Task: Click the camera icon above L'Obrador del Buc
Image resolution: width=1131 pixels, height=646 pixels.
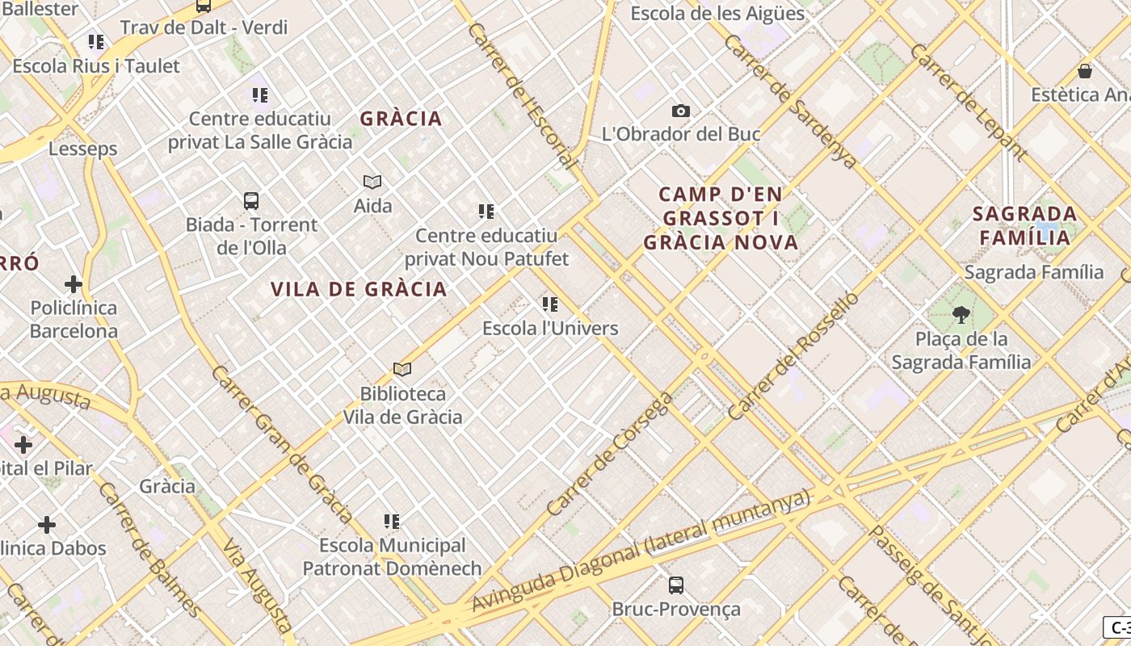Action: tap(681, 111)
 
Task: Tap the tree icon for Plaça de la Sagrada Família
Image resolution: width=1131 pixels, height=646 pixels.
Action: tap(961, 314)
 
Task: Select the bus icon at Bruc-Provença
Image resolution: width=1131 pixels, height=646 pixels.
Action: tap(676, 585)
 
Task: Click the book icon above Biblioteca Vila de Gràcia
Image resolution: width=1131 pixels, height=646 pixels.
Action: tap(402, 369)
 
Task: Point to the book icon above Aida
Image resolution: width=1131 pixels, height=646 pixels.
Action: tap(372, 182)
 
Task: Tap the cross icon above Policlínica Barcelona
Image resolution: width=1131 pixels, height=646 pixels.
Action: tap(74, 284)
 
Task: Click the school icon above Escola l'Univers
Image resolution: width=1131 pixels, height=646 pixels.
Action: tap(550, 304)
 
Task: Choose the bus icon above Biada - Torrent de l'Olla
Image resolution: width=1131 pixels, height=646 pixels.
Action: tap(251, 200)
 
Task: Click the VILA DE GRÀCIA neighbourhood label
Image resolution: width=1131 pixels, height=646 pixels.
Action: tap(359, 289)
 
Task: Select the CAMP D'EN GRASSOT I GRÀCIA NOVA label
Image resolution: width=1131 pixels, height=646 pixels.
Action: tap(721, 218)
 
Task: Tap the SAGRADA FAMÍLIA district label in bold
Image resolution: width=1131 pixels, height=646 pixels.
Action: tap(1025, 225)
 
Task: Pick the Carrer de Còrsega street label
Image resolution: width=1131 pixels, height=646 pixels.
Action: tap(610, 454)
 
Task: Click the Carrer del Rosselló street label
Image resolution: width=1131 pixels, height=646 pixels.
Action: tap(793, 355)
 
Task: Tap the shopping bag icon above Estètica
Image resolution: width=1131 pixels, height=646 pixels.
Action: tap(1085, 71)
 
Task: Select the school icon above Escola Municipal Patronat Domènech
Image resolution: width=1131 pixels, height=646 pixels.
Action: tap(392, 521)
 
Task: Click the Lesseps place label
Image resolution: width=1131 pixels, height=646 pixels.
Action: tap(82, 149)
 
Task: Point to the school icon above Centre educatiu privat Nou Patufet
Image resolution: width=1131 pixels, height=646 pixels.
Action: tap(486, 212)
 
